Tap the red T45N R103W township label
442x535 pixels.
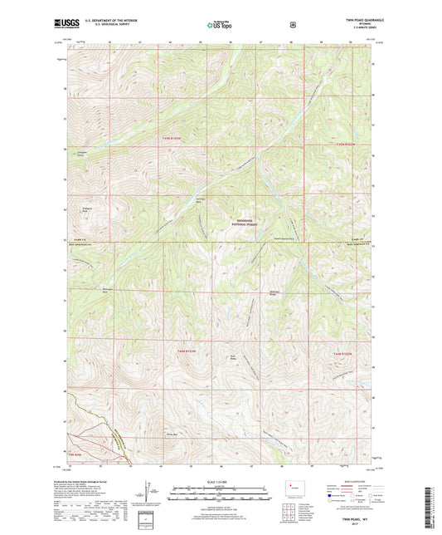[170, 137]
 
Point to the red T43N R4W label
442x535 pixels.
[77, 454]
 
